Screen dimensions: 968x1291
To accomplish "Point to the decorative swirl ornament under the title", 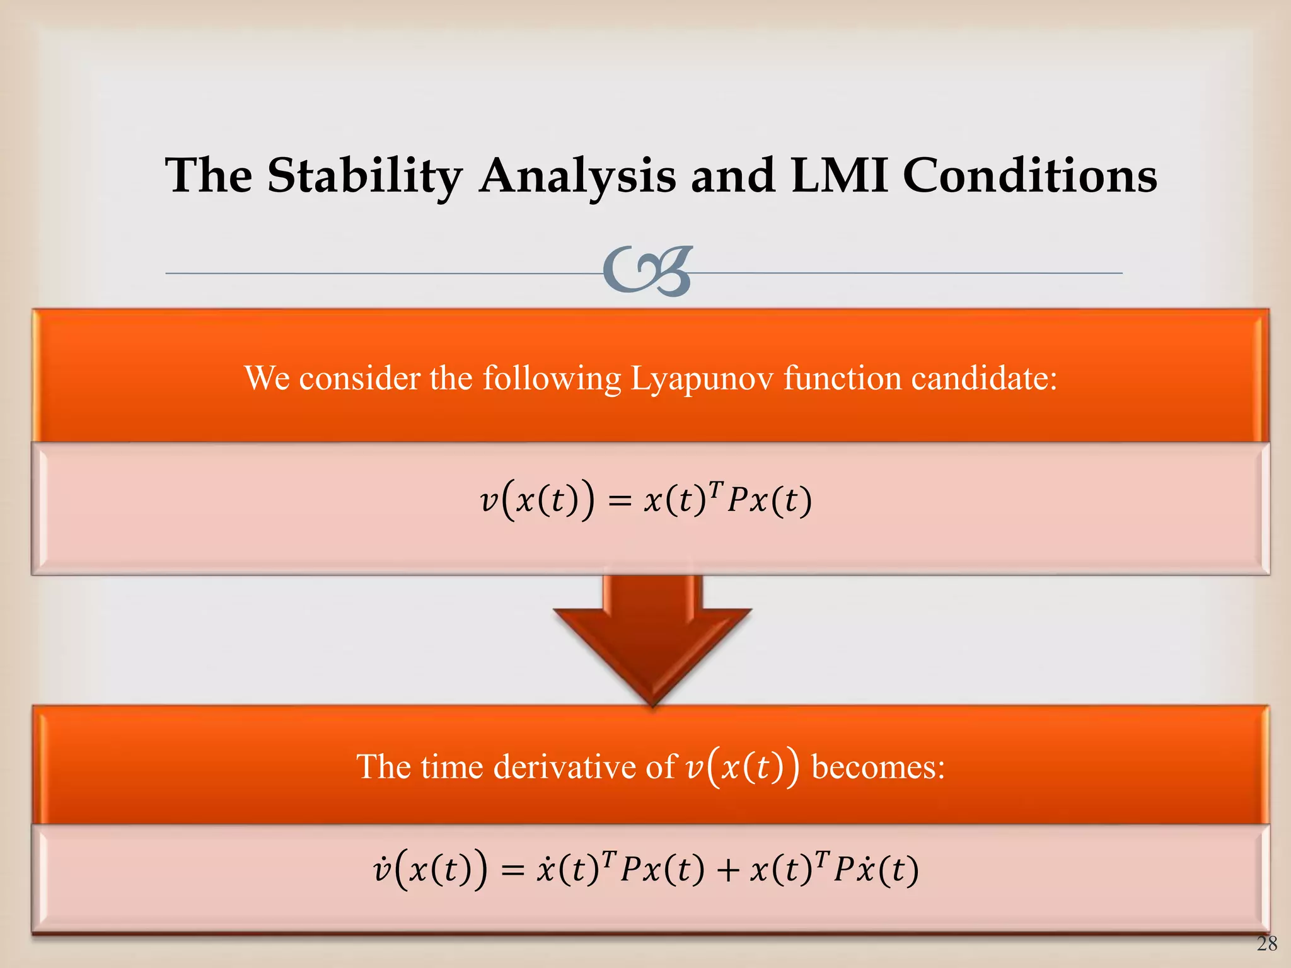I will (x=648, y=271).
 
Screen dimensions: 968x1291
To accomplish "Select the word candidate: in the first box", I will (x=984, y=379).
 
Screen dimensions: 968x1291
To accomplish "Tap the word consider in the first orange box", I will (x=359, y=379).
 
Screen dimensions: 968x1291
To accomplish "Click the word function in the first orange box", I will (x=842, y=379).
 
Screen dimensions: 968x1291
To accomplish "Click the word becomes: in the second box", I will (x=878, y=767).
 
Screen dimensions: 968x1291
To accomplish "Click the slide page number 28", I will (x=1266, y=943).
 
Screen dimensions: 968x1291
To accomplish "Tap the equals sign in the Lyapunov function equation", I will (x=620, y=502).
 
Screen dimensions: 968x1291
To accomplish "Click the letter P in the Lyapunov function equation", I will (x=737, y=502).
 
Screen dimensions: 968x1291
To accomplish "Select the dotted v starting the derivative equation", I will (x=382, y=870).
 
